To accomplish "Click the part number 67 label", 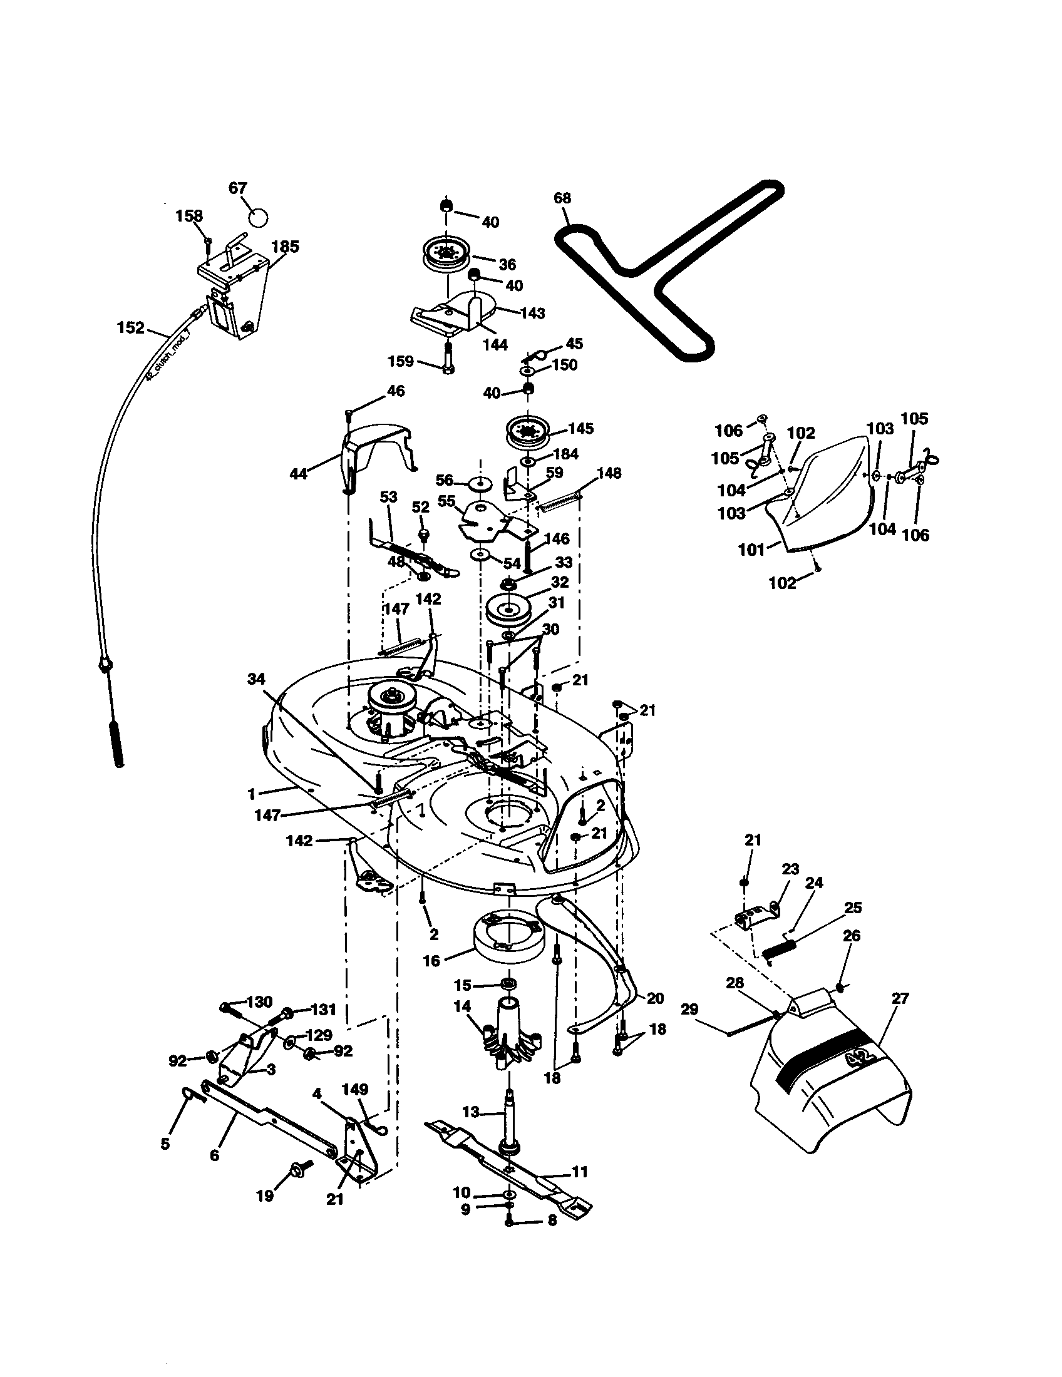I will (238, 188).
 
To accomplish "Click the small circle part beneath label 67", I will (257, 217).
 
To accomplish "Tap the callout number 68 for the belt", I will (562, 198).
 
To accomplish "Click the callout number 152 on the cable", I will (130, 328).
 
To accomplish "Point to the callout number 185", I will (285, 247).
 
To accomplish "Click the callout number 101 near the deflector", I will (751, 550).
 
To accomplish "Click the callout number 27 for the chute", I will (900, 998).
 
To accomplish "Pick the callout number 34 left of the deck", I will (256, 679).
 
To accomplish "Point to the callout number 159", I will (401, 361).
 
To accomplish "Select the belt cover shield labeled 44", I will (372, 448).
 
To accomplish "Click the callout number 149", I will (355, 1089).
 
